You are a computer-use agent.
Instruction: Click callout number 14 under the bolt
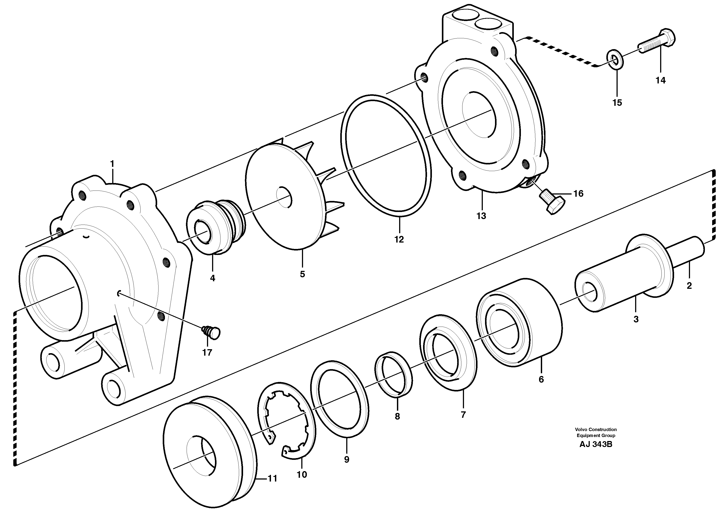660,81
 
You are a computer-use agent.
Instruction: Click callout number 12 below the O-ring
399,239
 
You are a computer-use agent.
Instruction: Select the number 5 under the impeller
302,274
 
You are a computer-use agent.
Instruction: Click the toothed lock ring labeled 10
288,422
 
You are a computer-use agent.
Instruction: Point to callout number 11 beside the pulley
272,478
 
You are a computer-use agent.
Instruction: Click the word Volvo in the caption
582,430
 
